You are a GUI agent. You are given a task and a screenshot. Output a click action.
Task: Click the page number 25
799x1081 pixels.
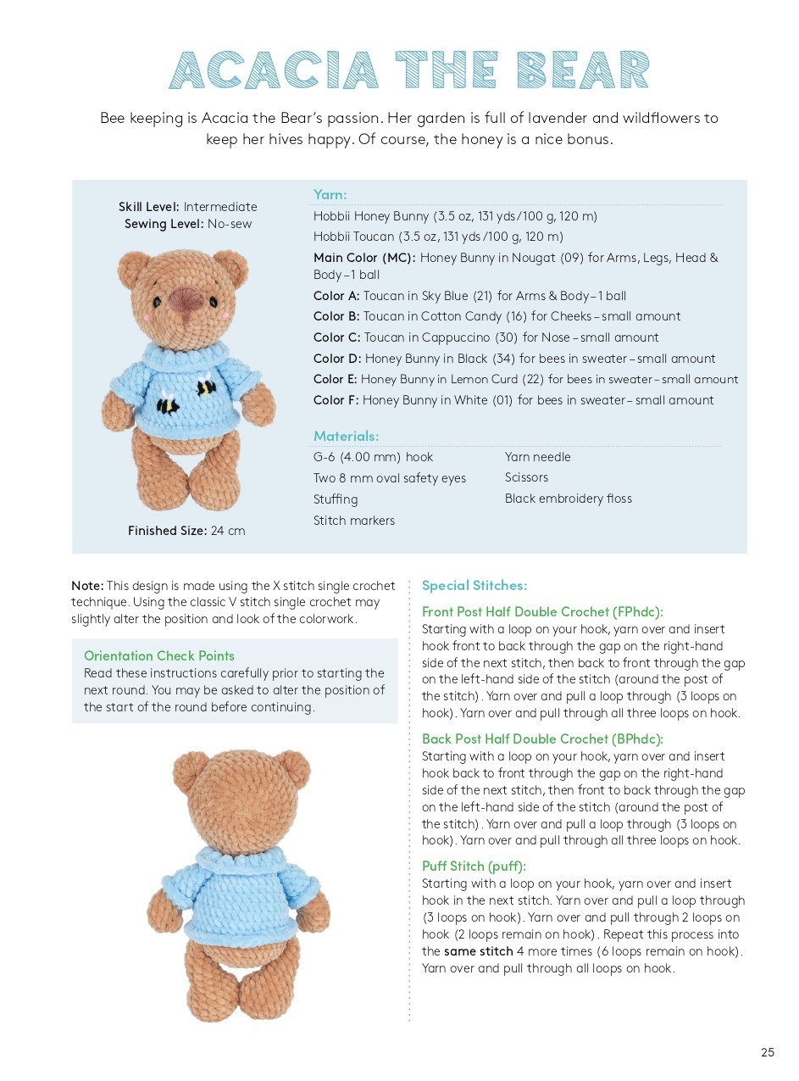767,1052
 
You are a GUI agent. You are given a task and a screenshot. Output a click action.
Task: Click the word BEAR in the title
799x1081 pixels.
585,71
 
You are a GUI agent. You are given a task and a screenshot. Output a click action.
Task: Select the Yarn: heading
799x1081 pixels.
330,195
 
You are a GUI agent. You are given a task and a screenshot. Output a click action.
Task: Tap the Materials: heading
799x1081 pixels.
346,436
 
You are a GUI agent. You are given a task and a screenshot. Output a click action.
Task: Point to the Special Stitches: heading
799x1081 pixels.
474,585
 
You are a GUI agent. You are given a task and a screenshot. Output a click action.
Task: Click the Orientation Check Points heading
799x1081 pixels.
158,655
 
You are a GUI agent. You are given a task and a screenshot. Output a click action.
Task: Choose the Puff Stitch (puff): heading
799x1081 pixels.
474,866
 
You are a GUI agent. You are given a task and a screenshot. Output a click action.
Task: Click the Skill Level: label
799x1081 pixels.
149,207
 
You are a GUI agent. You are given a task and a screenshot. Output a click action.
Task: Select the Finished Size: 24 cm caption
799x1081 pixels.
186,531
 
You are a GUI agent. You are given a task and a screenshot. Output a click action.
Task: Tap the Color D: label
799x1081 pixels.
337,359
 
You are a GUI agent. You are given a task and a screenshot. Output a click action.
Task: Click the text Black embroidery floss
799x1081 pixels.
568,499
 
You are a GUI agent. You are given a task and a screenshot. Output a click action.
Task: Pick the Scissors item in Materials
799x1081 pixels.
526,477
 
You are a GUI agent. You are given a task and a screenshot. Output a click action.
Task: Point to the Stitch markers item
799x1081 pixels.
353,521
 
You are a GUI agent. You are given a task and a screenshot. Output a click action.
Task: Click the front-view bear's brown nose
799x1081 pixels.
186,299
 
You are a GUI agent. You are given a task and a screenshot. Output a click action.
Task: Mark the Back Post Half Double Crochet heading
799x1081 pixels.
542,738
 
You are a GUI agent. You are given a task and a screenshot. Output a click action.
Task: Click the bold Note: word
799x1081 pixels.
87,586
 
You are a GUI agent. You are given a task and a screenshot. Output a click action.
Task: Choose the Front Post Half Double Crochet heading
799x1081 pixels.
542,611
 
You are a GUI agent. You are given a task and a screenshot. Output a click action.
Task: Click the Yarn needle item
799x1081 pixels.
537,457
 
